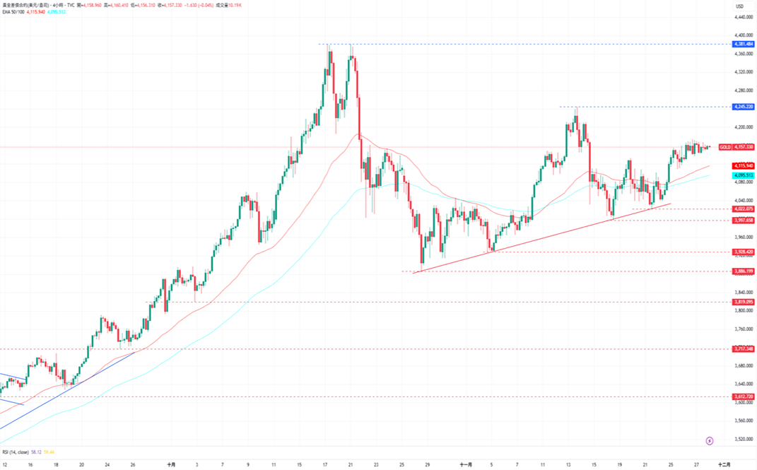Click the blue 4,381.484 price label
click(744, 44)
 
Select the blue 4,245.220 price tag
click(744, 107)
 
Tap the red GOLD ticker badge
click(724, 147)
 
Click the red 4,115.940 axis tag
click(744, 165)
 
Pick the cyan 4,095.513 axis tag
click(744, 175)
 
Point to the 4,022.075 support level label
click(744, 209)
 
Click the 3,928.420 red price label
click(744, 252)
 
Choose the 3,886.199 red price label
click(744, 271)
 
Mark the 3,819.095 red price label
click(744, 302)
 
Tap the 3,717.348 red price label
click(744, 348)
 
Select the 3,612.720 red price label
click(744, 396)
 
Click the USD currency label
click(739, 6)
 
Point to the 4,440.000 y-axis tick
click(743, 35)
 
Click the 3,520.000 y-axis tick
click(743, 439)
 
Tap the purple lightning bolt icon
click(710, 441)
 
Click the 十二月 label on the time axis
click(724, 464)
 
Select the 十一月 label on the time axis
click(466, 464)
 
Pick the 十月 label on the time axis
click(171, 464)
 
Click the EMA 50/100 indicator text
click(14, 12)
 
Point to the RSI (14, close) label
click(16, 452)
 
